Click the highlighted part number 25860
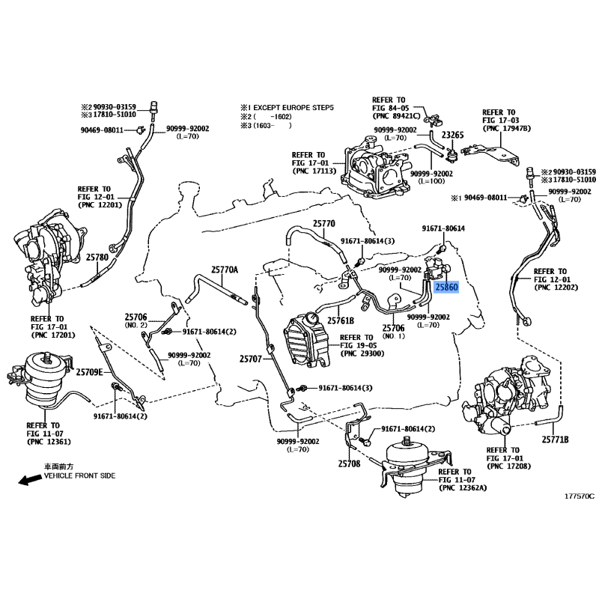tap(446, 287)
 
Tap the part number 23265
tap(453, 135)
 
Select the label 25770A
tap(225, 270)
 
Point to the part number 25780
tap(97, 258)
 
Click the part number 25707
tap(251, 359)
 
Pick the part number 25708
tap(349, 463)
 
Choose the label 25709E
tap(89, 372)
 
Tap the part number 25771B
tap(555, 440)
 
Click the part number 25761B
tap(341, 320)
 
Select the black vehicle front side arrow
tap(30, 480)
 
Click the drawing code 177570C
tap(580, 496)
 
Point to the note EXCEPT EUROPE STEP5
tap(294, 108)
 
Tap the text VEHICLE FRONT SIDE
tap(79, 476)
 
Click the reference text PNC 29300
tap(362, 353)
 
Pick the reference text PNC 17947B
tap(507, 129)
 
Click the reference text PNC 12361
tap(49, 442)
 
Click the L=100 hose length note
tap(432, 181)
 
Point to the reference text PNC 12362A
tap(463, 488)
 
